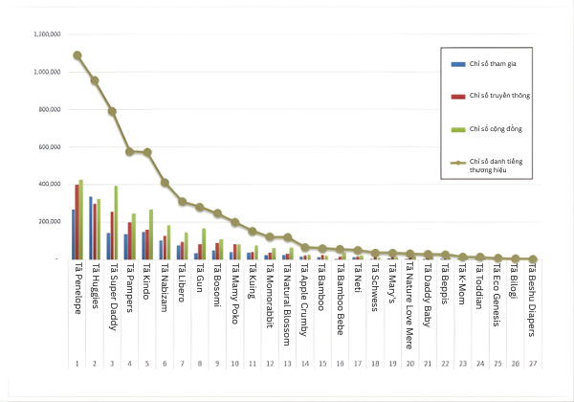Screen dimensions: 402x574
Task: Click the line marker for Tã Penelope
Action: click(77, 56)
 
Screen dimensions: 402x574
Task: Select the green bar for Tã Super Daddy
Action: click(117, 222)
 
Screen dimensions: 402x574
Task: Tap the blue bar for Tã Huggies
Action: click(90, 228)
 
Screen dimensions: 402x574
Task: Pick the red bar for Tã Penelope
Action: click(77, 221)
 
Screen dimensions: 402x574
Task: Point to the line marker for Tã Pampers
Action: click(129, 151)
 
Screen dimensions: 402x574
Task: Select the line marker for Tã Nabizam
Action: click(165, 182)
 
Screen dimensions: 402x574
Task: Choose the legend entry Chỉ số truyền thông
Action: click(499, 97)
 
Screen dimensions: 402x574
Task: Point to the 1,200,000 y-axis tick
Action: click(48, 34)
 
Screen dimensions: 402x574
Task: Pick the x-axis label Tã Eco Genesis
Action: click(497, 297)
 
